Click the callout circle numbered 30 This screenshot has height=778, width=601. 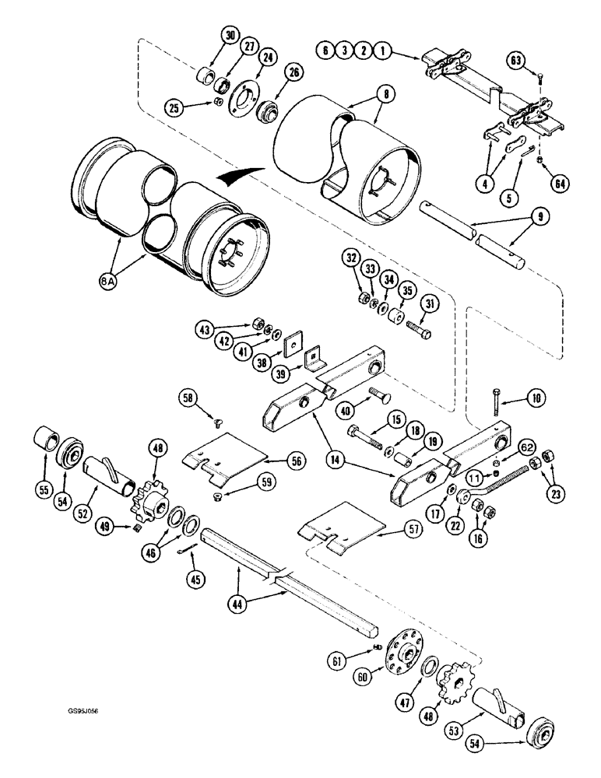228,37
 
